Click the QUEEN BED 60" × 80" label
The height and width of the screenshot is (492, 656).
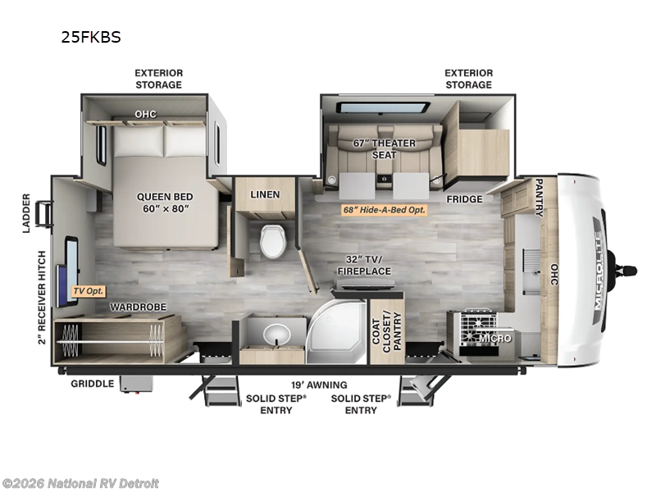[x=165, y=202]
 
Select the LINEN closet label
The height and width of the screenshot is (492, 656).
[x=265, y=194]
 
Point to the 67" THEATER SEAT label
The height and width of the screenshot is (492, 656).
[x=385, y=149]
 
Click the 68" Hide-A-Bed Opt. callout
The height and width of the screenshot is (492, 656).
[x=385, y=210]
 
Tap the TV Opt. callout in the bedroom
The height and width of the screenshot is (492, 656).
[x=89, y=290]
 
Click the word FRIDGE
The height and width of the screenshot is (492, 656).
[x=463, y=199]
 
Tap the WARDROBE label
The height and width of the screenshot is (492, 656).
[x=139, y=307]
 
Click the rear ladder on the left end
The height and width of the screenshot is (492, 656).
[x=44, y=213]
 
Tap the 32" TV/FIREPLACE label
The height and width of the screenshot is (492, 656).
[x=363, y=265]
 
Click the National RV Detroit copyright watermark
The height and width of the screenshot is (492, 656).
[x=81, y=483]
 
